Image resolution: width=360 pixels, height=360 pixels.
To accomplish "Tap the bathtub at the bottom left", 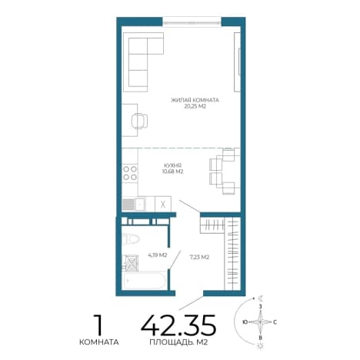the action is pyautogui.click(x=144, y=281).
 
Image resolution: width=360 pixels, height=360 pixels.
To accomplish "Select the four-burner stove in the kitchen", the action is pyautogui.click(x=130, y=173).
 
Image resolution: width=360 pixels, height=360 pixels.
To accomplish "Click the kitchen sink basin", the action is pyautogui.click(x=140, y=204).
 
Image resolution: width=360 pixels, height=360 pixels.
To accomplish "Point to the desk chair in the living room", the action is pyautogui.click(x=139, y=121).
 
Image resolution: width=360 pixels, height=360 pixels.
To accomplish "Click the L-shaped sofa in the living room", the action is pyautogui.click(x=143, y=62).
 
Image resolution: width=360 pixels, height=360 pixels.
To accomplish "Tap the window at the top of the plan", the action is pyautogui.click(x=192, y=22).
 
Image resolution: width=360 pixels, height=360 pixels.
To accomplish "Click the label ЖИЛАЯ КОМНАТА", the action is pyautogui.click(x=195, y=100).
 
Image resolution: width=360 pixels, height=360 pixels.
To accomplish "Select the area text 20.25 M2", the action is pyautogui.click(x=195, y=106).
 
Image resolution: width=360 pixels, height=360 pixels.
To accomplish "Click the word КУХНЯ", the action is pyautogui.click(x=172, y=165).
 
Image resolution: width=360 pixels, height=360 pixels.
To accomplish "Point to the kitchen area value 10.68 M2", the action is pyautogui.click(x=172, y=172).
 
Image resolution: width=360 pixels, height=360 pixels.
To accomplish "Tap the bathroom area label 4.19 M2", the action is pyautogui.click(x=158, y=255).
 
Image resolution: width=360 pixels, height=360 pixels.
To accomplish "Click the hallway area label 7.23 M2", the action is pyautogui.click(x=199, y=257).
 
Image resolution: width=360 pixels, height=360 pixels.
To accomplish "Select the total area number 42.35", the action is pyautogui.click(x=178, y=325).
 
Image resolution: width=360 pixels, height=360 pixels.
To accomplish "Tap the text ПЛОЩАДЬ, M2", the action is pyautogui.click(x=178, y=342).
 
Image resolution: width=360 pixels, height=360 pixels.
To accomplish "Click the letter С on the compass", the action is pyautogui.click(x=275, y=322).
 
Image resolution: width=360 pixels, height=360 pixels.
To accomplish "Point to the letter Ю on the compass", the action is pyautogui.click(x=245, y=322).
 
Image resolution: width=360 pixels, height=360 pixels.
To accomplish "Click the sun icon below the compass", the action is pyautogui.click(x=261, y=346).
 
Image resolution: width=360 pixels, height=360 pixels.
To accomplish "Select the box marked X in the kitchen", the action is pyautogui.click(x=163, y=204).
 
